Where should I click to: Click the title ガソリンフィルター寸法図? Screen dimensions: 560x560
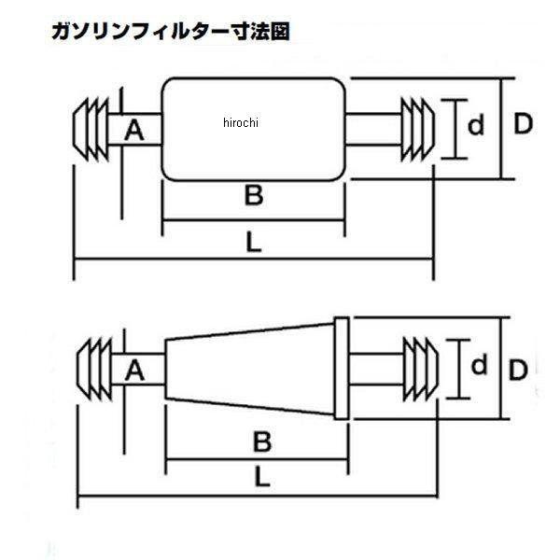pos(170,32)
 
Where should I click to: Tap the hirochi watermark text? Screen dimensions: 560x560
pos(241,122)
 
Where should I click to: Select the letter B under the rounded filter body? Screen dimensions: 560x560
pos(253,196)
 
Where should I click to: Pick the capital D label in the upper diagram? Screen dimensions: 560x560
pos(523,124)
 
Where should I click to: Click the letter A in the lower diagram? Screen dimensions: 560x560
pos(134,371)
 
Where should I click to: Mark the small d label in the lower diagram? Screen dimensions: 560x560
pos(479,367)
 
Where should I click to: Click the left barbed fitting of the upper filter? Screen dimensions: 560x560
pos(91,127)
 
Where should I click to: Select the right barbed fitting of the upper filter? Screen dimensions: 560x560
pos(417,128)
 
